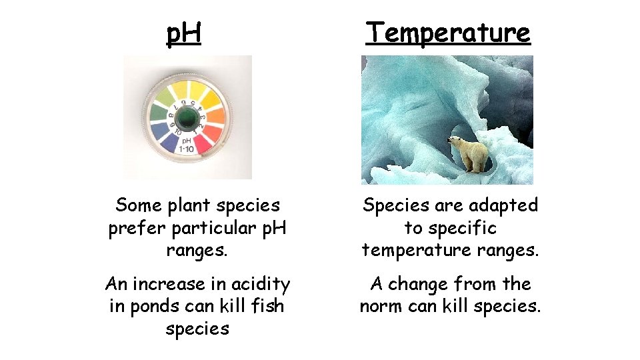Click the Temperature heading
[x=448, y=32]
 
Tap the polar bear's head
[x=455, y=141]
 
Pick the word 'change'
[x=418, y=284]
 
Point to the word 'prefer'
[x=137, y=228]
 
